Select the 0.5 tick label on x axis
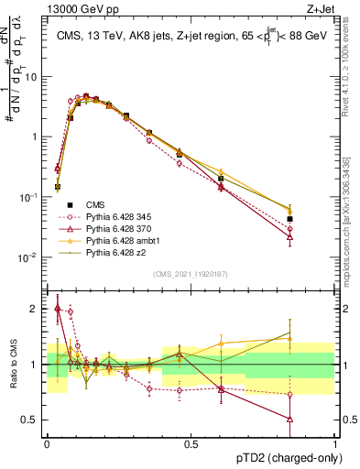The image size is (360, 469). [190, 443]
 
